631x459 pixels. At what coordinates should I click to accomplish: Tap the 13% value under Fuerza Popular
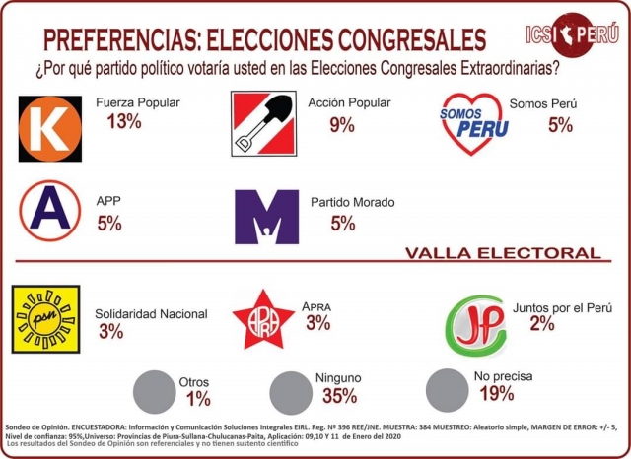click(125, 122)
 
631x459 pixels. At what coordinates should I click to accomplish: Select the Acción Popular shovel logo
click(262, 123)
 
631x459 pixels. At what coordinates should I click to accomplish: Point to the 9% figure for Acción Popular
click(341, 125)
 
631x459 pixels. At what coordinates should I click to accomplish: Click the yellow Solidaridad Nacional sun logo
click(44, 319)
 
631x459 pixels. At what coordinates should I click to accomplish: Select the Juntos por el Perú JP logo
click(475, 326)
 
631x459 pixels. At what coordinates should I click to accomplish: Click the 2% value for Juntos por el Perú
click(541, 324)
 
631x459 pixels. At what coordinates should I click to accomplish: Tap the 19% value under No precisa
click(496, 394)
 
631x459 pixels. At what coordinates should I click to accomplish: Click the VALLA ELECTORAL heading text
click(502, 253)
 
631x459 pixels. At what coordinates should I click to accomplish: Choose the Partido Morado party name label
click(353, 201)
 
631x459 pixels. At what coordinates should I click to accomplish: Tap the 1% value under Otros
click(198, 399)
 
